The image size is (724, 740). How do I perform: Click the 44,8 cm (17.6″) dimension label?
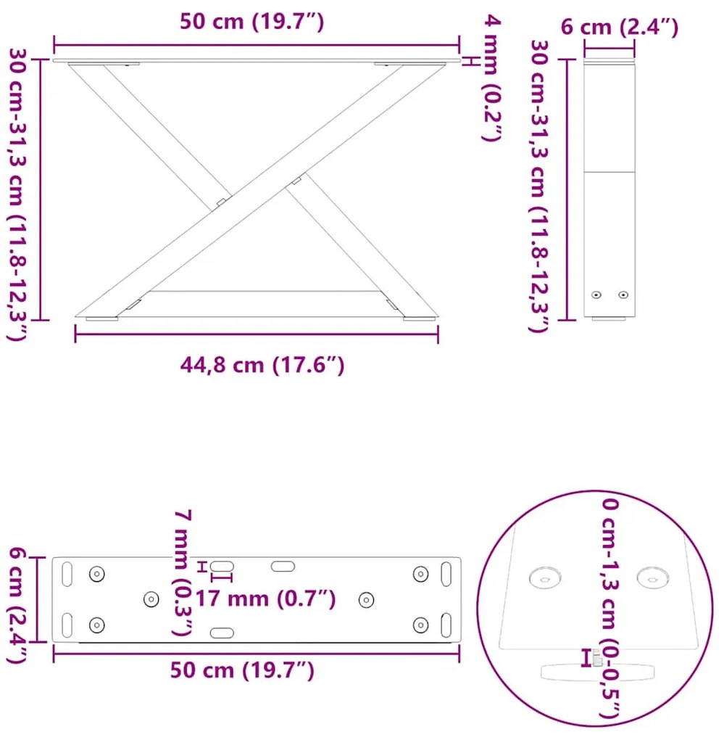pos(262,365)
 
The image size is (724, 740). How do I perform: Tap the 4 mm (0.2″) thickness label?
pos(491,78)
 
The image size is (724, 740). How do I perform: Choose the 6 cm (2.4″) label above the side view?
pos(620,28)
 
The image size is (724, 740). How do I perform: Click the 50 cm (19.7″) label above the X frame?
pos(251,22)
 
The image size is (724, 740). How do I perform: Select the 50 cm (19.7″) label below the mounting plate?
pos(242,670)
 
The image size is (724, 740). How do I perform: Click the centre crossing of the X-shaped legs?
pos(257,191)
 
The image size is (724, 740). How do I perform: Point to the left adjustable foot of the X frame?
pos(102,318)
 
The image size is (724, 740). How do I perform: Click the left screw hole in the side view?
pos(596,295)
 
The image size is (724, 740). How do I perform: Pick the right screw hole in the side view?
pos(623,295)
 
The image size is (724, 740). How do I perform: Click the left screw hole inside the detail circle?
pos(545,578)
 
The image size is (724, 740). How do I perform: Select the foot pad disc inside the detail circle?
pos(597,671)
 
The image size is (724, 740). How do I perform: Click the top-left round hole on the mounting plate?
pos(96,573)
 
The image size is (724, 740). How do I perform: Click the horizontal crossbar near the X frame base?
pos(265,291)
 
